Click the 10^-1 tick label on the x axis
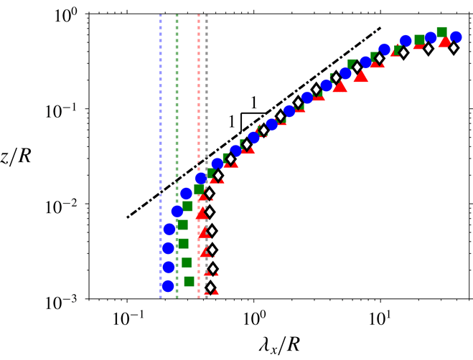click(127, 316)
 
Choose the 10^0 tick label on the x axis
click(253, 316)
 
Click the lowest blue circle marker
click(169, 285)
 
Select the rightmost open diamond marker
click(453, 48)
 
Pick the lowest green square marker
click(189, 281)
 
